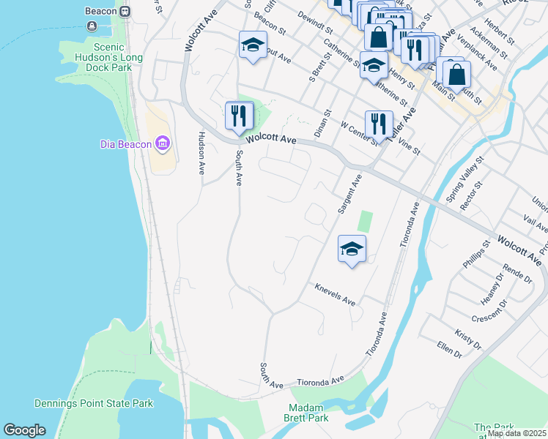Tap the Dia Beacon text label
125,144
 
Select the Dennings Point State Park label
93,403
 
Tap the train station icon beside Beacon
125,12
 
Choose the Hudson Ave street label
201,153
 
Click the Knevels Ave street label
335,295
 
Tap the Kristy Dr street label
467,339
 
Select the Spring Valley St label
465,179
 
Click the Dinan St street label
322,123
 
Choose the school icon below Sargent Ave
352,249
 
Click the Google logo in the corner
24,430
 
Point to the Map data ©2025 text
516,433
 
